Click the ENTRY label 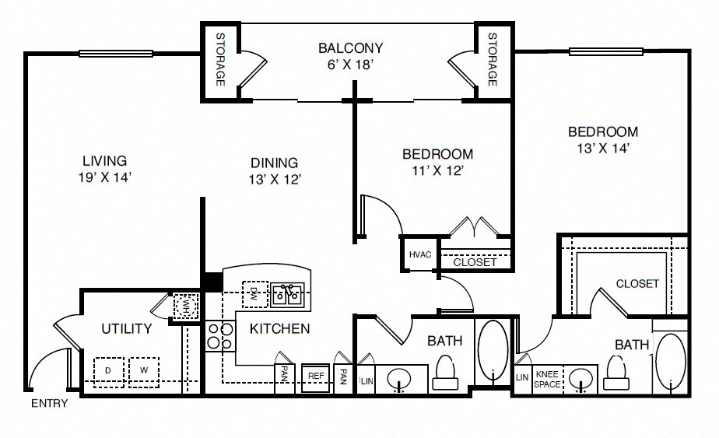point(49,403)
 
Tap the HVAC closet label point(420,254)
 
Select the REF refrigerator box point(315,378)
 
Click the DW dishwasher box point(255,294)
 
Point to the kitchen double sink point(287,295)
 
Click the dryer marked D point(109,372)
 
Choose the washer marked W point(143,371)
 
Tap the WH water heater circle point(186,306)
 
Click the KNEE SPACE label point(547,380)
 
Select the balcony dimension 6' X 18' point(349,65)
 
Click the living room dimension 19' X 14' point(105,177)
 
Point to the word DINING point(274,163)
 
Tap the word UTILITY point(127,328)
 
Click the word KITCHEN point(279,328)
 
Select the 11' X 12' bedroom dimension point(438,171)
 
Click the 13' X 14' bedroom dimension point(603,149)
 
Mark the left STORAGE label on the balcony point(220,60)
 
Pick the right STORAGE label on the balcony point(493,60)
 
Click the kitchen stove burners point(220,335)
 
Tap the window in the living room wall point(115,53)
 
